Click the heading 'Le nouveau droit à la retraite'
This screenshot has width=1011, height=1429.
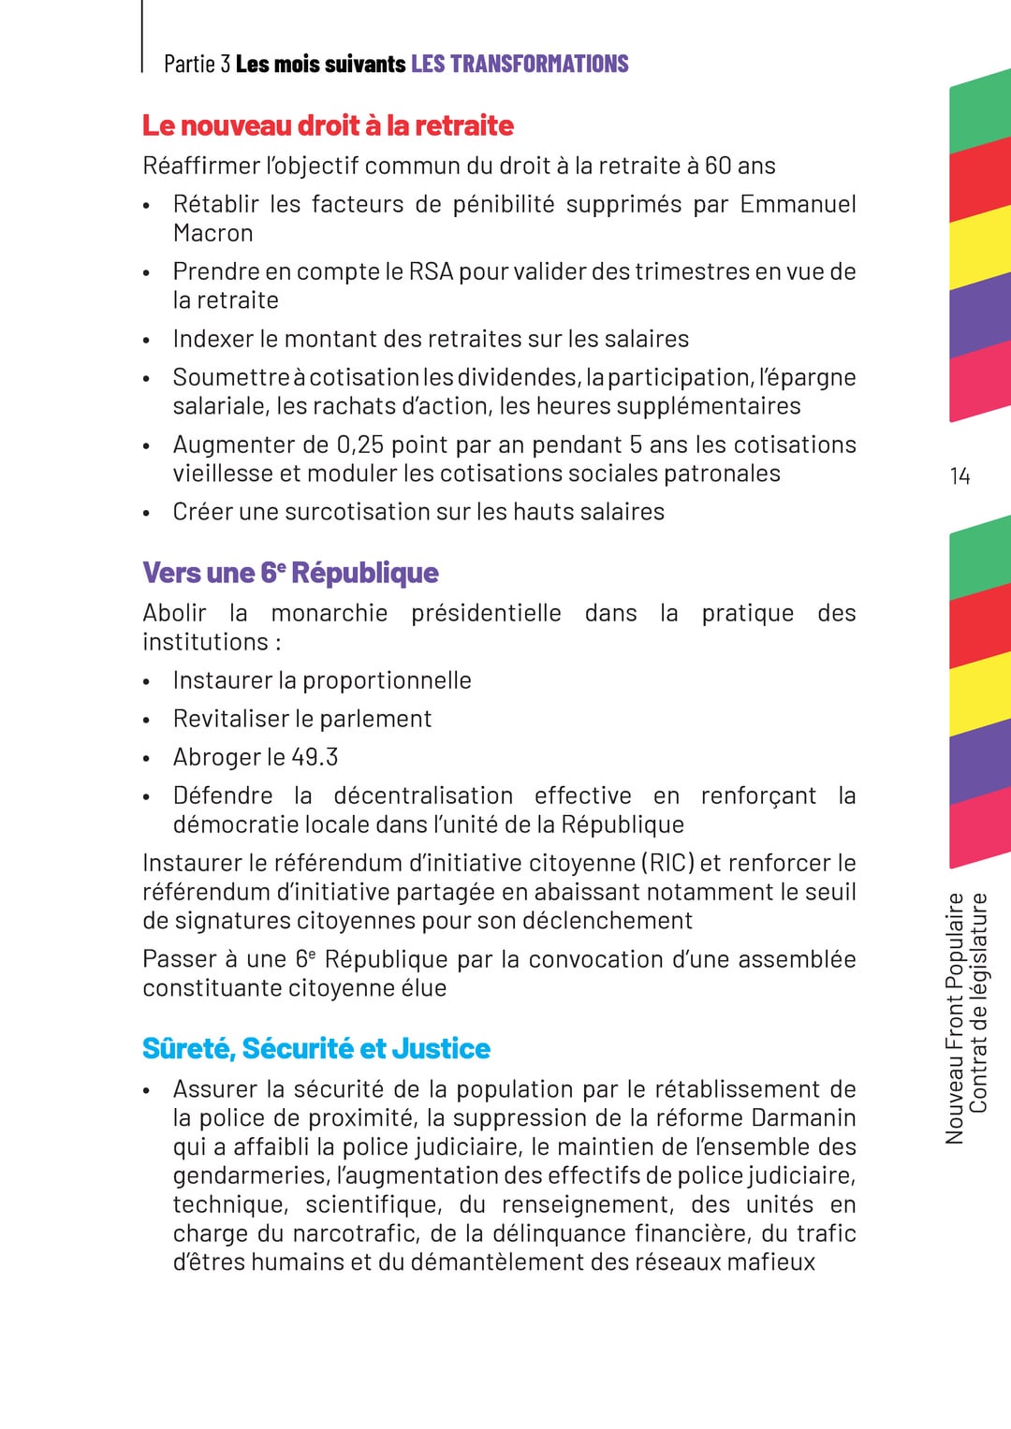pos(328,125)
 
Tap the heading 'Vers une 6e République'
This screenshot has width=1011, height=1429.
pos(290,573)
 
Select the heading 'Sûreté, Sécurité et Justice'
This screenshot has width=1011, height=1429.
pos(316,1048)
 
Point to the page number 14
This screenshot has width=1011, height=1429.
pos(960,476)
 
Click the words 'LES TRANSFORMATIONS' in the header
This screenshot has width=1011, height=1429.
pos(520,64)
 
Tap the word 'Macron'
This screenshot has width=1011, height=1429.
pos(212,233)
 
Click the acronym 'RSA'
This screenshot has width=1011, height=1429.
pos(431,271)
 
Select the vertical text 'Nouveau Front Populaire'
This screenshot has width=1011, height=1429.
pos(954,1018)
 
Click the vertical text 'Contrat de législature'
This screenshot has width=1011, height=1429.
pos(978,1003)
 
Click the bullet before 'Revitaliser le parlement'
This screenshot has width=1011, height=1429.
pos(147,721)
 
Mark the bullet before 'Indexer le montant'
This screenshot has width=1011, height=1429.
pos(147,341)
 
